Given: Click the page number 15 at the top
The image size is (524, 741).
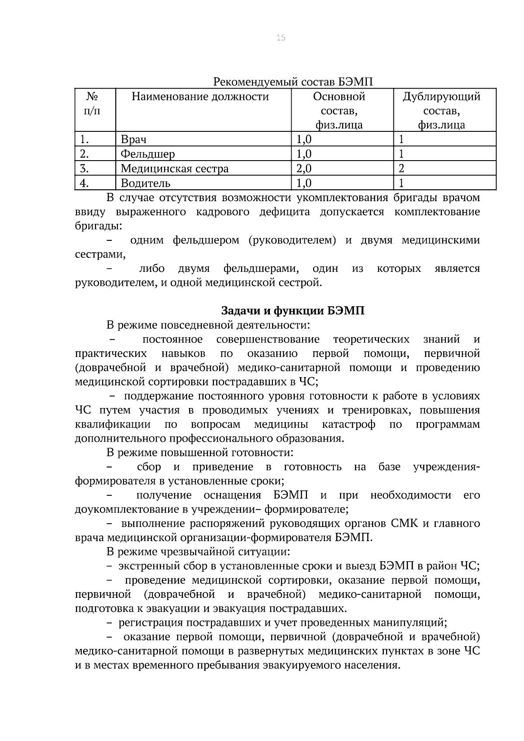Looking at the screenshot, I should point(281,38).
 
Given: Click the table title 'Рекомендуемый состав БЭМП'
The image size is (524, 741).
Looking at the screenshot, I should point(293,82).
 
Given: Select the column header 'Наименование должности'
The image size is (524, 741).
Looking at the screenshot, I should point(200,96).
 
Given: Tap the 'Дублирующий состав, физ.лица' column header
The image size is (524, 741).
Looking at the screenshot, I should point(441,111).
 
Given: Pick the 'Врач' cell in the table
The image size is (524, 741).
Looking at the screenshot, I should point(134,140).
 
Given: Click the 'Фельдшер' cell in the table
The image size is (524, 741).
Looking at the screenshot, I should point(148,154).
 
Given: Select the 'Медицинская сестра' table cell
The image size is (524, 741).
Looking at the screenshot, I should point(175,168).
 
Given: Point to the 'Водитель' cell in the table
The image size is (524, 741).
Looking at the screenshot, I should point(145,183).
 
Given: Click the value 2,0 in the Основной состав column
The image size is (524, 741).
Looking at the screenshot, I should point(304,168).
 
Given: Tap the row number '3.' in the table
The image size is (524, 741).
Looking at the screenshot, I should point(85,168).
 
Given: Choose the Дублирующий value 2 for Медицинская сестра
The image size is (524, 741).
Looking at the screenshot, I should point(402,168).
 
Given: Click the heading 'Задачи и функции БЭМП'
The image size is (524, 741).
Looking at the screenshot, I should point(293,311).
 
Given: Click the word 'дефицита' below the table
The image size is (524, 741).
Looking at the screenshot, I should point(285,212).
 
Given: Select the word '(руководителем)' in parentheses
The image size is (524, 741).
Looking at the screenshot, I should point(292,240).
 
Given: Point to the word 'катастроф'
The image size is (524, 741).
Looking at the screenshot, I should point(348,425).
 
